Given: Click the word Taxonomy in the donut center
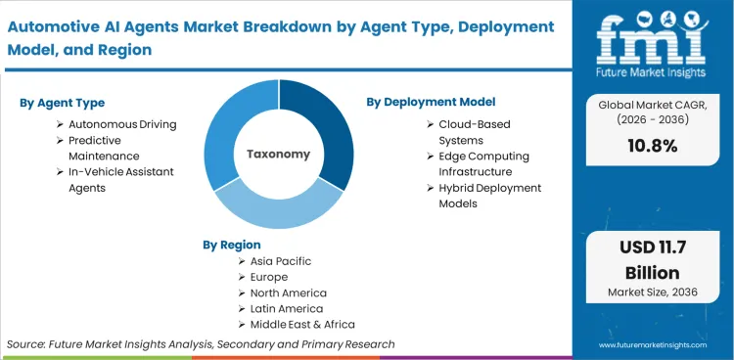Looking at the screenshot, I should (x=279, y=155).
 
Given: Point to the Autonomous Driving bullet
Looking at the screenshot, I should (x=115, y=125).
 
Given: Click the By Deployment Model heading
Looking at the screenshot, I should (x=431, y=102).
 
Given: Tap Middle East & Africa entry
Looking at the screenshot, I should (x=301, y=324).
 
